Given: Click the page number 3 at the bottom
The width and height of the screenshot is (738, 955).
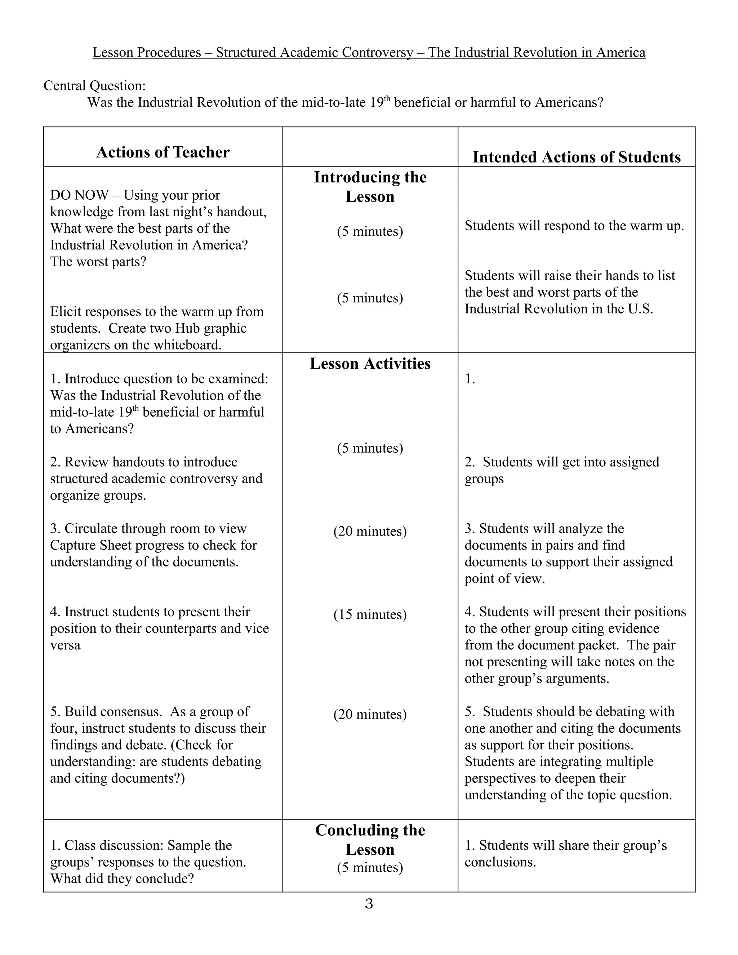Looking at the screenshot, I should click(369, 904).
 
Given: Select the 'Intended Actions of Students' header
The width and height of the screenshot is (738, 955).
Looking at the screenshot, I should click(576, 157).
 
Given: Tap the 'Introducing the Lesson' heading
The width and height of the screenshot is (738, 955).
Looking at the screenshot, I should click(370, 187).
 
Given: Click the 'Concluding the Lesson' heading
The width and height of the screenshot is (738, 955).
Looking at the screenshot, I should click(370, 840).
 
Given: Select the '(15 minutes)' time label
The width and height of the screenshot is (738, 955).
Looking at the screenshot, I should click(370, 614).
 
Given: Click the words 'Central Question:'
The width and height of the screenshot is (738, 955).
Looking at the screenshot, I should click(94, 86).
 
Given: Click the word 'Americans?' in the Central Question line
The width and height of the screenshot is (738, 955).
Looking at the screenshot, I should click(569, 102).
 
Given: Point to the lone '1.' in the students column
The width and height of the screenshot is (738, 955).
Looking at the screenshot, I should click(470, 379).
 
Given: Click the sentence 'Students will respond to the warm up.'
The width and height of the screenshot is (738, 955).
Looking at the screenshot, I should click(574, 226).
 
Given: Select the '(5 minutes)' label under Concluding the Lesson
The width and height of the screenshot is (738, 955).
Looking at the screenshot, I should click(370, 867).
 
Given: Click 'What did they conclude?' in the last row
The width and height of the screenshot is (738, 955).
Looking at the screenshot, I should click(122, 879).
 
